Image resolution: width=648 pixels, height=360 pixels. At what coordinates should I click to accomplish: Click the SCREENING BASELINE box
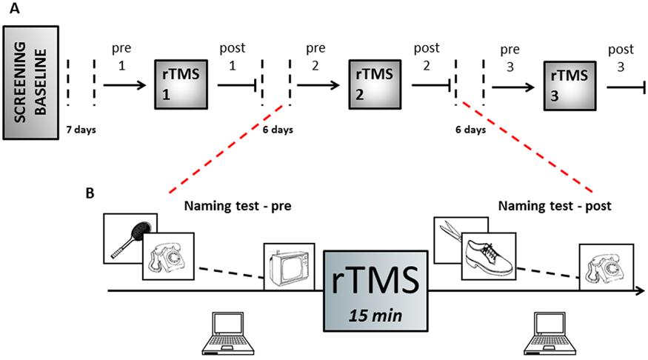coord(31,83)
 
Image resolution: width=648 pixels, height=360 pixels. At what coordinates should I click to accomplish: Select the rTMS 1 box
coord(181,84)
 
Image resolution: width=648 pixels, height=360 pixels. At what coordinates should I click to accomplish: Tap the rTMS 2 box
coord(375,84)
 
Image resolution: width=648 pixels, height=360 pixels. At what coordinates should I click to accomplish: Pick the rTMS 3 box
coord(570,86)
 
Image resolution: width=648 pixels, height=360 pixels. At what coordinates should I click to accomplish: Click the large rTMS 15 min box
coord(375,291)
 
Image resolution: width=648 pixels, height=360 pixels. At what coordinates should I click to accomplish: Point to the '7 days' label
coord(81,130)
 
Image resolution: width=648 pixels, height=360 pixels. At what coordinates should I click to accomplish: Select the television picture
coord(290,267)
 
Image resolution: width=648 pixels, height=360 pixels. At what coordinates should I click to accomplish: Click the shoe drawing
coord(489,256)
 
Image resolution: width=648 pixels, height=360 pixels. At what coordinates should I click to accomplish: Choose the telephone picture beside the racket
coord(168,256)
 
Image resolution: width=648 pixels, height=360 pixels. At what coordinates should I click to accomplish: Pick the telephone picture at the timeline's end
coord(607,267)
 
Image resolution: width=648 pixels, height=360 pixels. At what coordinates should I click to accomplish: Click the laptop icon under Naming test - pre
coord(227,333)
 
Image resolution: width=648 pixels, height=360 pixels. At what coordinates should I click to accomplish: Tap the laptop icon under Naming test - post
coord(550,333)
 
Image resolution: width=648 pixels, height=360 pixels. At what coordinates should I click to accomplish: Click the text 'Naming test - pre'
coord(238,206)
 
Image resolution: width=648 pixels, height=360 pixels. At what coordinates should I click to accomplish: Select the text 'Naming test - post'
coord(555,206)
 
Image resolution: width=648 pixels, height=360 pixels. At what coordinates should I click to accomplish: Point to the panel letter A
coord(15,8)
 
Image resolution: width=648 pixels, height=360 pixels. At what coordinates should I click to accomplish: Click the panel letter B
coord(90,193)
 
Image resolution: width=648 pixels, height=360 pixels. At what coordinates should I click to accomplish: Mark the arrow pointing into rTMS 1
coord(125,85)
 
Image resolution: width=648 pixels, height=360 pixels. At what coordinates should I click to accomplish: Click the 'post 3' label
coord(621,58)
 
